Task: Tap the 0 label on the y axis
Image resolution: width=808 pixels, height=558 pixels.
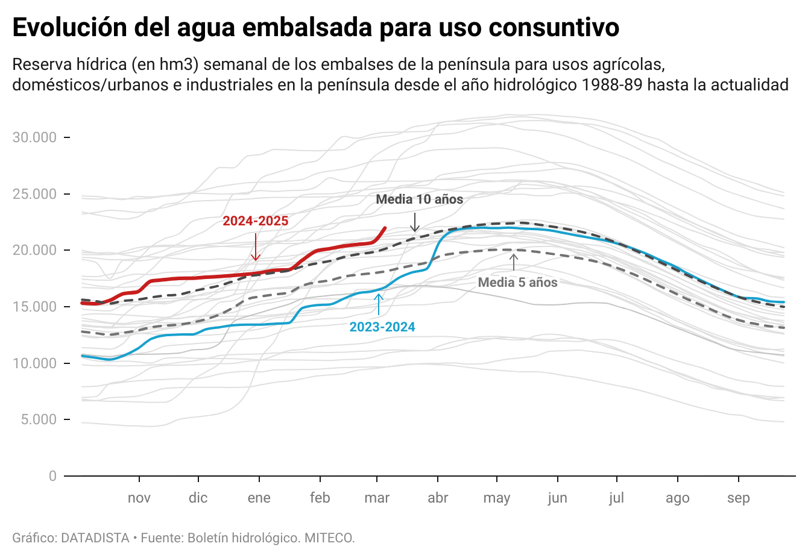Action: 52,476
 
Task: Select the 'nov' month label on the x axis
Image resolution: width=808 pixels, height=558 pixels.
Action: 139,498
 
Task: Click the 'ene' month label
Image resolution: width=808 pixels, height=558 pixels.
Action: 259,498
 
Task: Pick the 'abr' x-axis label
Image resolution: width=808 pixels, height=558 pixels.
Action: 438,498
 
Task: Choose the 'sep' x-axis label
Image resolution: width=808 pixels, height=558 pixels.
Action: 739,498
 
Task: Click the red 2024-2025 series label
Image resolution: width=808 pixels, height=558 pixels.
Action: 256,221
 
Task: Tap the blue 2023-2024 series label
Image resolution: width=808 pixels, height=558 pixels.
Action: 382,327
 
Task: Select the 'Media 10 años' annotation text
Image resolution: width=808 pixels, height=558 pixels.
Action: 420,199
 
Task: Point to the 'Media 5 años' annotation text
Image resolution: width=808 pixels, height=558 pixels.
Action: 517,282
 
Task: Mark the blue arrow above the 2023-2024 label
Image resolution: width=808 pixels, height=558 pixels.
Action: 379,304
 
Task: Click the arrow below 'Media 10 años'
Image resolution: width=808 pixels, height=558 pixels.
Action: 415,222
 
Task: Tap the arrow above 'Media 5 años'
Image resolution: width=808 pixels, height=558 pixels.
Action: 514,262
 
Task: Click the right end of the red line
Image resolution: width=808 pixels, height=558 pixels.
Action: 385,228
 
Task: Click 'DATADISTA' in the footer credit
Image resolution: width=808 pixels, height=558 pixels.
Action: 95,538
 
